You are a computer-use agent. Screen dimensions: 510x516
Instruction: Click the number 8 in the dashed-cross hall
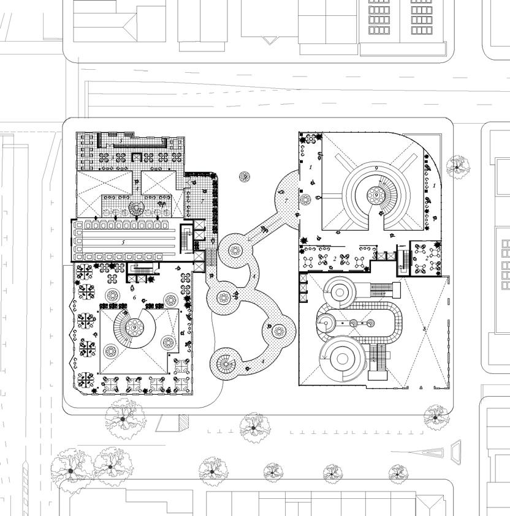(x=424, y=329)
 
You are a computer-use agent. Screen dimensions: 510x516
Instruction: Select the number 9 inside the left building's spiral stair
(x=134, y=327)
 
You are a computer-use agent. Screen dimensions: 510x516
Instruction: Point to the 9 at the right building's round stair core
(x=373, y=195)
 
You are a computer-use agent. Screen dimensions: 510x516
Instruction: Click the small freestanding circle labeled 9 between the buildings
(x=245, y=177)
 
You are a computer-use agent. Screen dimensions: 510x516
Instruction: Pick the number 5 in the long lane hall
(x=123, y=242)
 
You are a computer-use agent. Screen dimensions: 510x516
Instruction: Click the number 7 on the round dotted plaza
(x=286, y=200)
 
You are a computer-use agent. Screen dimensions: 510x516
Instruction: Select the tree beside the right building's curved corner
(x=457, y=166)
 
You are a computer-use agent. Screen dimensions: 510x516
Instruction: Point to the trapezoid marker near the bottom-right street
(x=457, y=451)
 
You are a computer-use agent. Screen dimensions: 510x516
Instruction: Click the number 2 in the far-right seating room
(x=427, y=258)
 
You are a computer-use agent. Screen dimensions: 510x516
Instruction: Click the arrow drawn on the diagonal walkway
(x=264, y=230)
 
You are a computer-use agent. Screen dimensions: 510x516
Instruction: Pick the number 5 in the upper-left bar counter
(x=121, y=141)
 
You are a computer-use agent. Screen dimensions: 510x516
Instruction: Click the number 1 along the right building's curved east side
(x=434, y=185)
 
